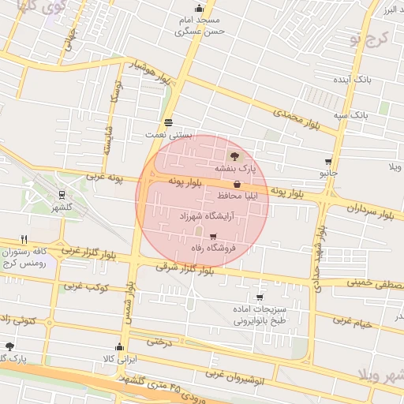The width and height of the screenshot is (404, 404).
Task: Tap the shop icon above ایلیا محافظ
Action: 237,184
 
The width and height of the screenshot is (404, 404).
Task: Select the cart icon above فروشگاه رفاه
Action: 212,236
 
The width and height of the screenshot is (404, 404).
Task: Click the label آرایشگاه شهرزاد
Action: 196,215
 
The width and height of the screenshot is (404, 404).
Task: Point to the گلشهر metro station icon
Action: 62,196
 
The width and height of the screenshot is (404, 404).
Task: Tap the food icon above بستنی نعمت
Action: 168,122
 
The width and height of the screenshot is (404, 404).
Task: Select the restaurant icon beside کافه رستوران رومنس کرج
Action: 25,239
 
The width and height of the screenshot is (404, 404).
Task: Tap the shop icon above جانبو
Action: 327,159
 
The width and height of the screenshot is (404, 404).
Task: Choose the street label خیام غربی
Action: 352,320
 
